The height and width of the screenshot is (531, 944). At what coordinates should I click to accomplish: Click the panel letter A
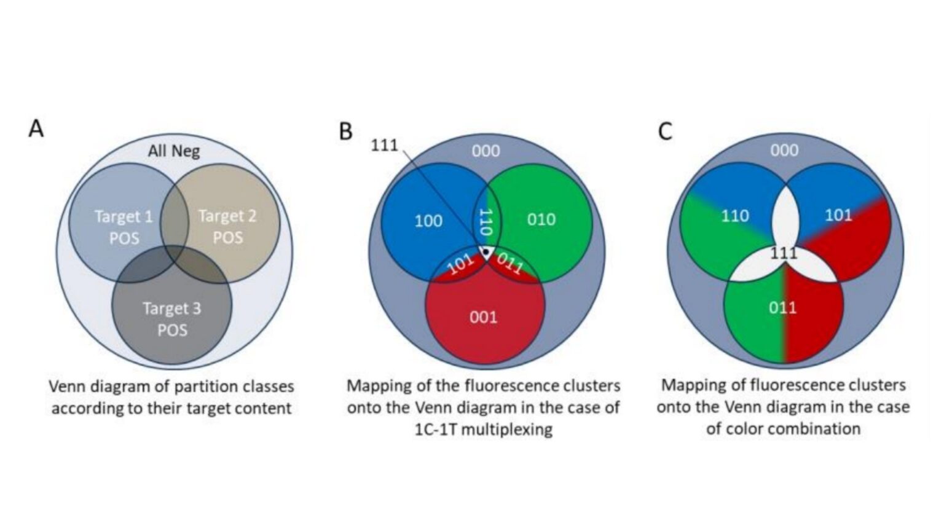36,129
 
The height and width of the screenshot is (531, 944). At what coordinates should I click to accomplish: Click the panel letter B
346,131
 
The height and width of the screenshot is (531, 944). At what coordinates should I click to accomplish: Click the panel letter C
664,132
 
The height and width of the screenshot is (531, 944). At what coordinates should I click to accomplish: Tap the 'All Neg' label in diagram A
173,151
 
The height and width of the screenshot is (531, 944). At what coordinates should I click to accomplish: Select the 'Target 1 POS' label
124,227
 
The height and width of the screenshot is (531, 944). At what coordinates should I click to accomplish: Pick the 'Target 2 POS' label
227,227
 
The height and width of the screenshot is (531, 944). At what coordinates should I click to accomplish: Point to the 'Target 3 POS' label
172,319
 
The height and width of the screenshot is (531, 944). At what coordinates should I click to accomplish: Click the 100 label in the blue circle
428,221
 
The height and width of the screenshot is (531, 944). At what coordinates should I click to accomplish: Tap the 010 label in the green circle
541,219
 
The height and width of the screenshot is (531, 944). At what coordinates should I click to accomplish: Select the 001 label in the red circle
483,317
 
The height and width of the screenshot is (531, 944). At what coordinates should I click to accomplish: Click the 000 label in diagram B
486,151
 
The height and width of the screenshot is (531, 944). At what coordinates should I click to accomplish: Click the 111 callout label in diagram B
384,146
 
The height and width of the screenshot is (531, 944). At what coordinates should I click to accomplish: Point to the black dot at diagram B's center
486,251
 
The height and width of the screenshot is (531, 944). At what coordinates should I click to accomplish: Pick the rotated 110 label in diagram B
486,222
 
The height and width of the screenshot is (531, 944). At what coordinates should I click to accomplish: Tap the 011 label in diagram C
782,307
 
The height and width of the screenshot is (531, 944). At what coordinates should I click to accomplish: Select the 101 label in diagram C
838,215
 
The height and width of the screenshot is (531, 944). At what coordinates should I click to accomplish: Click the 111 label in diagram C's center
784,253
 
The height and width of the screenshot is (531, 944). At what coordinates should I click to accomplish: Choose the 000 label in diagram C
784,151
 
